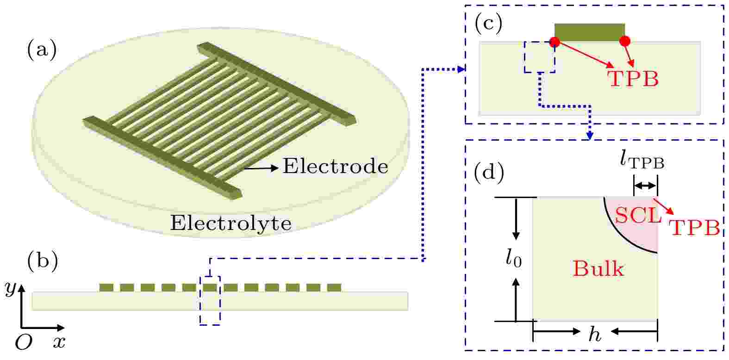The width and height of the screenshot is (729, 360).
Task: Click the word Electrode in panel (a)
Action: click(x=336, y=166)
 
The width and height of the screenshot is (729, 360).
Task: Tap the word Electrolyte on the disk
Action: click(x=231, y=223)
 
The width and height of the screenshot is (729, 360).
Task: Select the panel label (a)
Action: click(x=42, y=50)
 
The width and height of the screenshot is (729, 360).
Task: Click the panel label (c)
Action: click(x=488, y=24)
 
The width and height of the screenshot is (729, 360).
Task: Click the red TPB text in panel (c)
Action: click(x=633, y=79)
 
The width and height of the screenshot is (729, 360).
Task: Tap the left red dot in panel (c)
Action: click(x=555, y=42)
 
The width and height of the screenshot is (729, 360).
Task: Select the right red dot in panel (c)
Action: click(x=625, y=41)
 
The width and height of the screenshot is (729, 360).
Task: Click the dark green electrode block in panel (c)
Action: click(x=590, y=32)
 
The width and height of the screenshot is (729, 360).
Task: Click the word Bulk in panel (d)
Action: click(x=598, y=269)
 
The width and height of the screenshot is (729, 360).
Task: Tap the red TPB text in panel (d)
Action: click(x=693, y=228)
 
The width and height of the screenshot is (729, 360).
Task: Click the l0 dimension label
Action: click(x=514, y=259)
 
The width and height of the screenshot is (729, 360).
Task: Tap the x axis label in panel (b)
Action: click(x=60, y=342)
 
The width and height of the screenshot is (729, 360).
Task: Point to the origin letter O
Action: click(x=24, y=342)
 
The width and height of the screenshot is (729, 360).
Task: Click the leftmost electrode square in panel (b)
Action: click(x=106, y=288)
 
